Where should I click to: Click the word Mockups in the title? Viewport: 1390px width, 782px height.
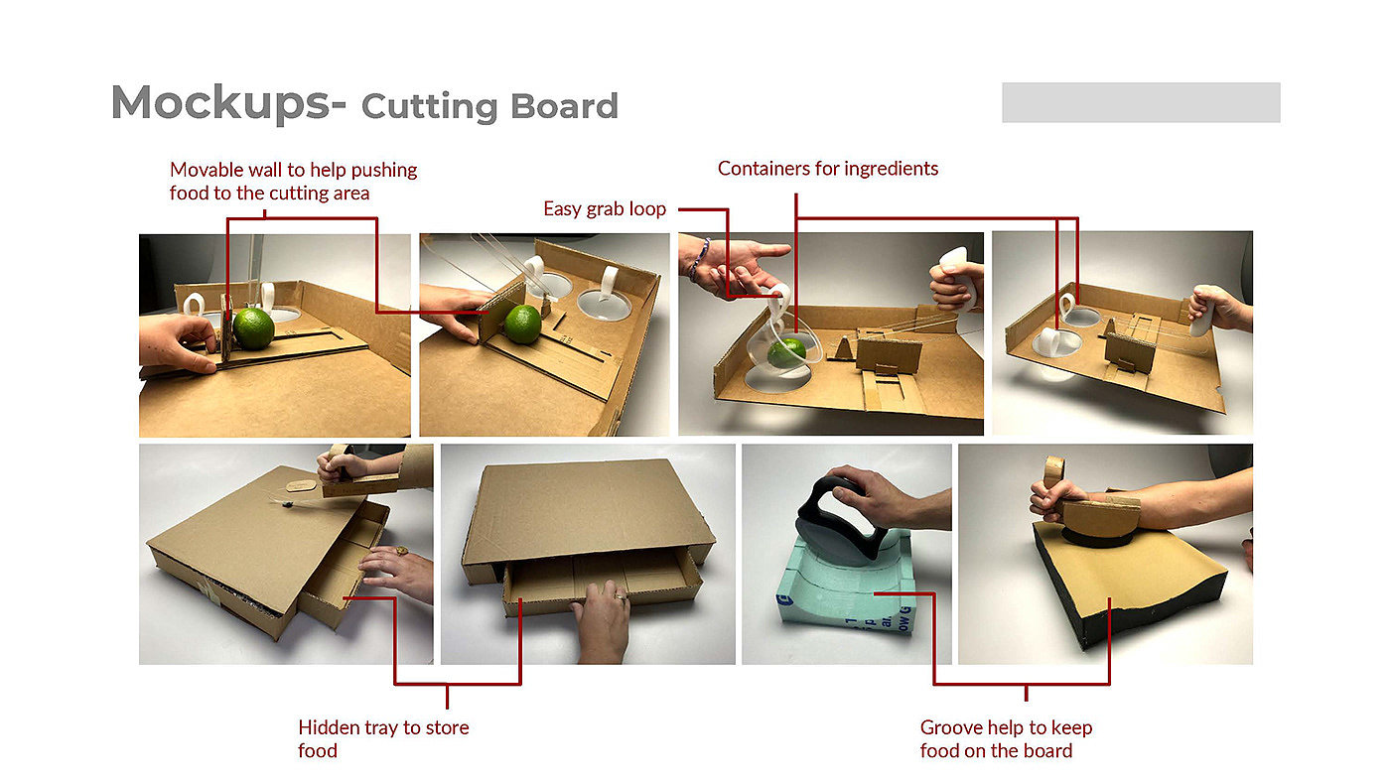pos(220,103)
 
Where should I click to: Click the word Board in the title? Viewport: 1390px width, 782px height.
pos(564,106)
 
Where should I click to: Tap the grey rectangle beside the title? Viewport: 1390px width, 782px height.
pos(1141,102)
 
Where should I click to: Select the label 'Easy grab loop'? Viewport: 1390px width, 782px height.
pos(605,209)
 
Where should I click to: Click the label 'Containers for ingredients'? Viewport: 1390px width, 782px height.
pos(828,169)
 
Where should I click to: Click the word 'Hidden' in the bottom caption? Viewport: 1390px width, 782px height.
pos(329,727)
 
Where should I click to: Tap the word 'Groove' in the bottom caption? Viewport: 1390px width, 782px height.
pos(951,727)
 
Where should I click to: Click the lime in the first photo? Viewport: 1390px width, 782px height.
pos(254,328)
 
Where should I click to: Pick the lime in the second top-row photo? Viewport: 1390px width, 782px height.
pos(522,325)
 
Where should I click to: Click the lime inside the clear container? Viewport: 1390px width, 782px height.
pos(786,353)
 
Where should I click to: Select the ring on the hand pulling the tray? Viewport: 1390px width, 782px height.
pos(620,597)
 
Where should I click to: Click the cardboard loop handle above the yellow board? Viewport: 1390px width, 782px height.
pos(1054,472)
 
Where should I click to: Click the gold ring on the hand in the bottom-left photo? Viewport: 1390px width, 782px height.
pos(401,550)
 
